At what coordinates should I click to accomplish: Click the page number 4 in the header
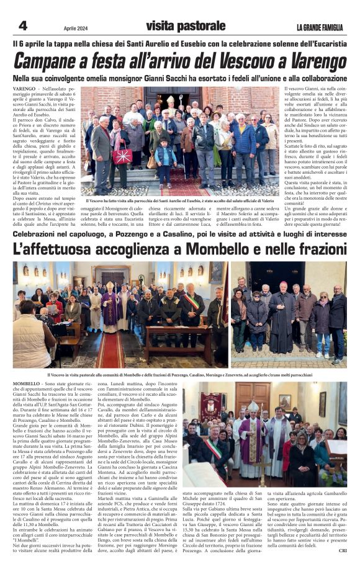(23, 26)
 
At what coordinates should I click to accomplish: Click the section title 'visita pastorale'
(186, 26)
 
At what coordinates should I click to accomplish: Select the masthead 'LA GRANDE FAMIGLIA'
(320, 27)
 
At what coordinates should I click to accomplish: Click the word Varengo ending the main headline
(314, 62)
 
